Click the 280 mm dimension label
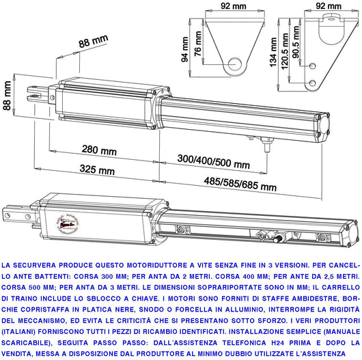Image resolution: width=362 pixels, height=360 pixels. tap(98, 150)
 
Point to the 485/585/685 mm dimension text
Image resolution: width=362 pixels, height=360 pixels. tap(242, 185)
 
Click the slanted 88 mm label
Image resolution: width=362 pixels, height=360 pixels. tap(94, 42)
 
